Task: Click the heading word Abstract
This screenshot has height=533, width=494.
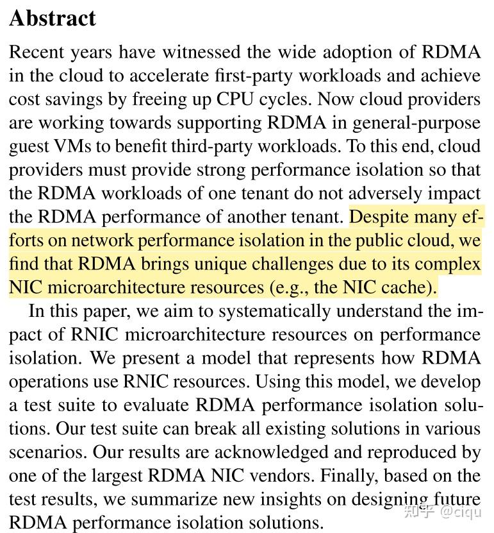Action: click(53, 18)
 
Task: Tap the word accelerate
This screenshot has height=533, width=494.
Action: click(172, 76)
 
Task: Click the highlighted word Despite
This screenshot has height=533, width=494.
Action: click(381, 217)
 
